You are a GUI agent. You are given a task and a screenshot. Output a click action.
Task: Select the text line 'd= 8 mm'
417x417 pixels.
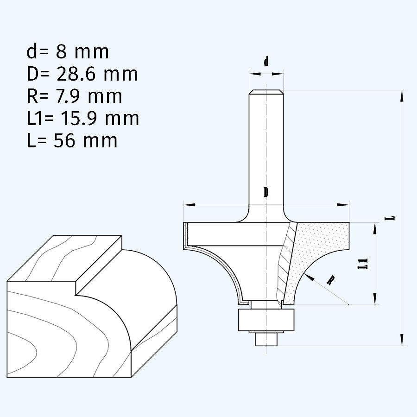click(68, 52)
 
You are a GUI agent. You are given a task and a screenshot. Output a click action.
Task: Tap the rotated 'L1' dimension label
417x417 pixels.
click(366, 264)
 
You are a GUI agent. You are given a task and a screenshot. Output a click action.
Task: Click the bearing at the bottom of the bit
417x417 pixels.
click(266, 320)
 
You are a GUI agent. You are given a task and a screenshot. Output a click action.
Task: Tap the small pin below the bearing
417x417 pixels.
click(266, 339)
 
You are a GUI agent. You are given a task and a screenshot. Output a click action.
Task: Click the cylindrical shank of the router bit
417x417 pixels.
click(266, 148)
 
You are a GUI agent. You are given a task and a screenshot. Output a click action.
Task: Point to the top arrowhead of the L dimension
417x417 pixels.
click(401, 95)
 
